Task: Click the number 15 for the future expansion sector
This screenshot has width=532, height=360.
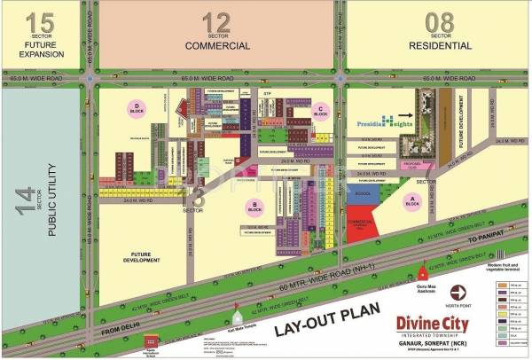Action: click(x=42, y=22)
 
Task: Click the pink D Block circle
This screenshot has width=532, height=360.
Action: click(x=137, y=108)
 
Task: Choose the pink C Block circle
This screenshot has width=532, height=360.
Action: click(x=320, y=113)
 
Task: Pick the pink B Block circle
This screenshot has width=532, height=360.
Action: click(x=254, y=207)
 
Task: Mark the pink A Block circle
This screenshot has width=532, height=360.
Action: click(x=411, y=201)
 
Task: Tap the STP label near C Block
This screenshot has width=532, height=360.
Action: click(x=266, y=93)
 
